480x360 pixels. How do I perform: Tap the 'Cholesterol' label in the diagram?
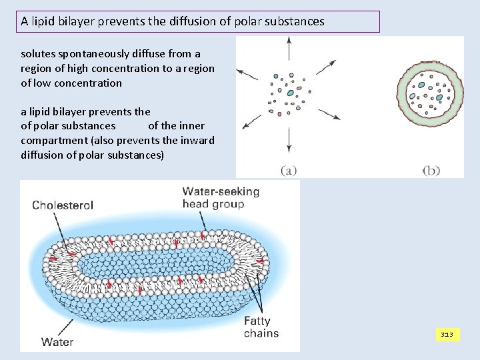pyautogui.click(x=63, y=205)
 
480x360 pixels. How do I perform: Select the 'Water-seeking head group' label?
pyautogui.click(x=221, y=198)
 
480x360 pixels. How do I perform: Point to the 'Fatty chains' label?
pyautogui.click(x=261, y=327)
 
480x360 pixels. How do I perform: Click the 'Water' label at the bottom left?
pyautogui.click(x=57, y=343)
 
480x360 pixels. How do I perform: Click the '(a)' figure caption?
pyautogui.click(x=288, y=171)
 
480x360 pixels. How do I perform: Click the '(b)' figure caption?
pyautogui.click(x=431, y=171)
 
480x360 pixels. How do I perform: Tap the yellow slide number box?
pyautogui.click(x=447, y=334)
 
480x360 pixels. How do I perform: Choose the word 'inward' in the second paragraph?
pyautogui.click(x=198, y=139)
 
